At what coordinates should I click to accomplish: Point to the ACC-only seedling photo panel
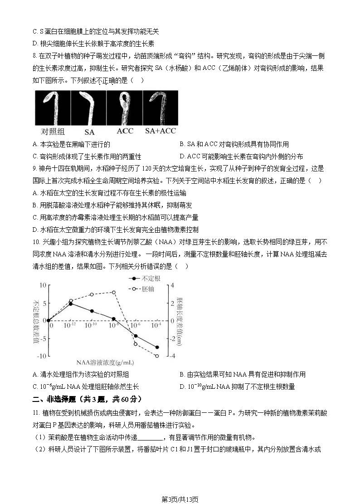124,108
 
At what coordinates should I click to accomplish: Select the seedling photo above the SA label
89,108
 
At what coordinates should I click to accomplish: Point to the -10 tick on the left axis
42,356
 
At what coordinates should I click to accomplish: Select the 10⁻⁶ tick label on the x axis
135,326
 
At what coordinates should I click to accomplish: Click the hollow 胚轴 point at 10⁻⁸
114,293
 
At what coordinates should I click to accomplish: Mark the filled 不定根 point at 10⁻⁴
157,347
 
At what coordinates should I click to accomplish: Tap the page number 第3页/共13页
180,499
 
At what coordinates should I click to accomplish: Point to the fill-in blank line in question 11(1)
149,438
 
